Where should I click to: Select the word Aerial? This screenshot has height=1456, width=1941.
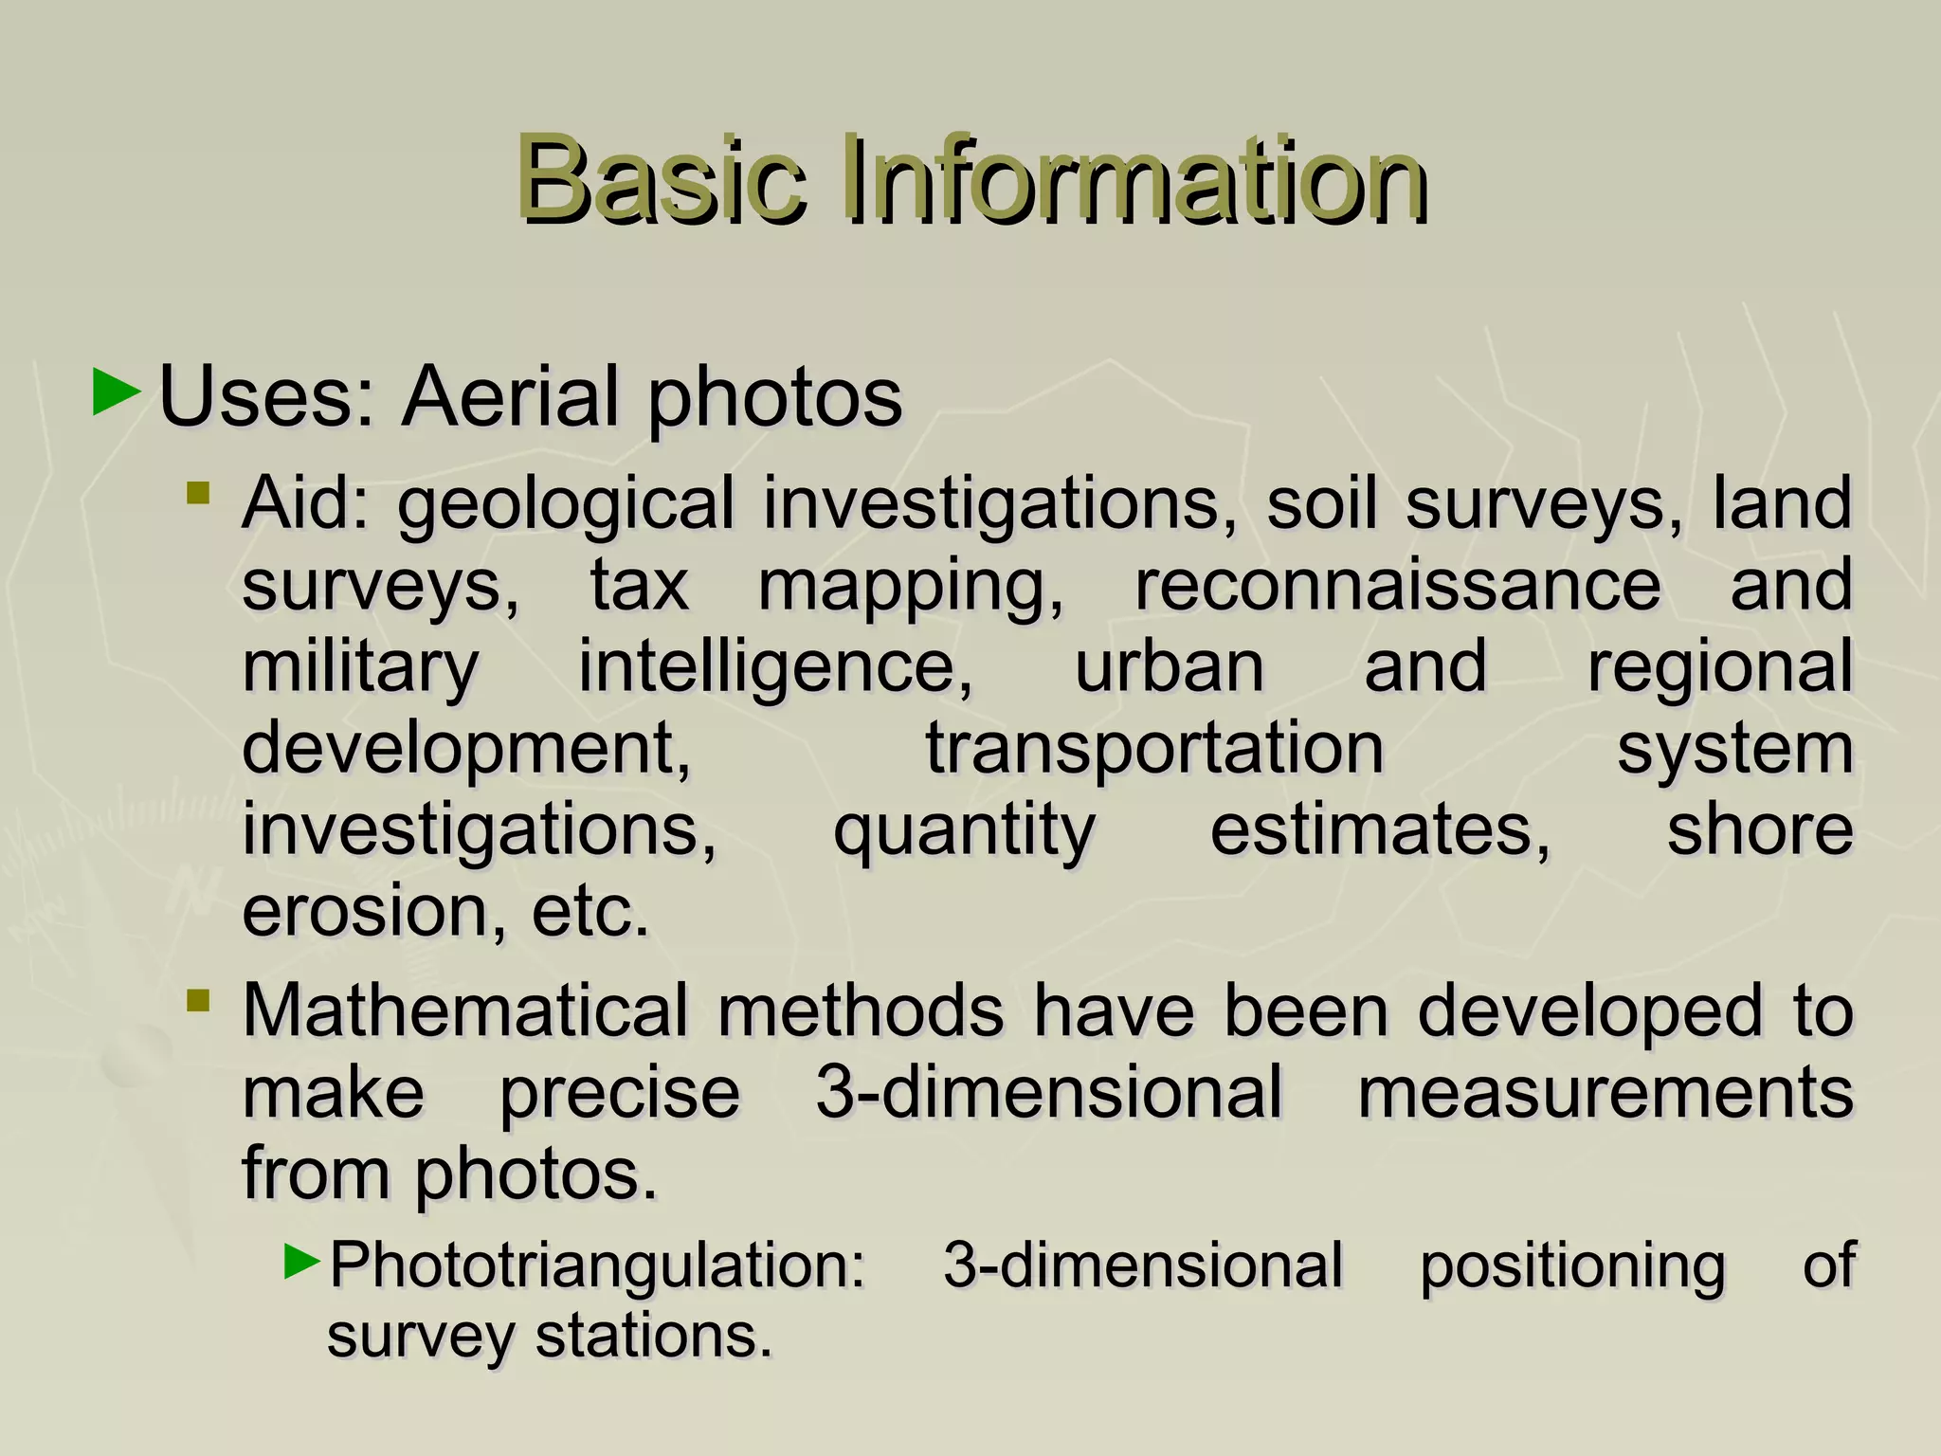click(x=512, y=396)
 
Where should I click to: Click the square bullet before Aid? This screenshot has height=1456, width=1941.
click(x=198, y=493)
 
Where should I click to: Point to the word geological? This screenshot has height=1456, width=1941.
click(x=566, y=505)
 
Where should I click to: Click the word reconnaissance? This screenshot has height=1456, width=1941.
click(x=1397, y=584)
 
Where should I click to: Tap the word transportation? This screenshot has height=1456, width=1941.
click(x=1154, y=749)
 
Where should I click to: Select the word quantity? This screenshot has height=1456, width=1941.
click(x=964, y=831)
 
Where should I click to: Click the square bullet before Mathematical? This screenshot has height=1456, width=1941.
click(x=198, y=1001)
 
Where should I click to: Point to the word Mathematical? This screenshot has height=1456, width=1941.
click(x=465, y=1010)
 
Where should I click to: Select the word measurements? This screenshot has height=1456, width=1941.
click(x=1605, y=1092)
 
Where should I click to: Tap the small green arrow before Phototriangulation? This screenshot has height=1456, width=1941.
click(x=303, y=1261)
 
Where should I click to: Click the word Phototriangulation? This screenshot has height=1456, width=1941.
click(x=597, y=1266)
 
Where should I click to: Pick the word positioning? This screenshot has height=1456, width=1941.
click(x=1572, y=1266)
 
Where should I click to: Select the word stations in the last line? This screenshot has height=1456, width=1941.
click(x=654, y=1337)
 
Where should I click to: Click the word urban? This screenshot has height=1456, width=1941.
click(x=1170, y=666)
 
